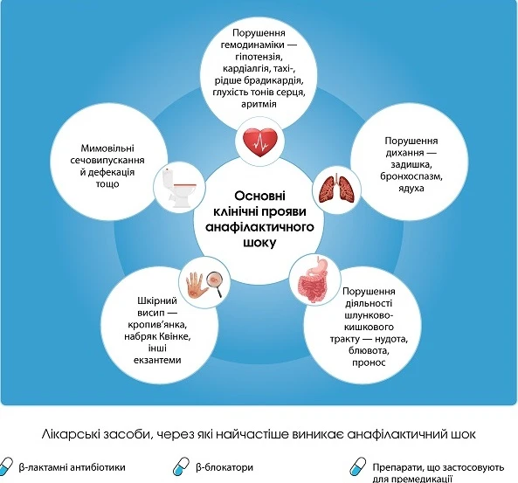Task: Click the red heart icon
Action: point(259,142)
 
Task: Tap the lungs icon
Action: point(336,189)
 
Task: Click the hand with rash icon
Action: point(197,284)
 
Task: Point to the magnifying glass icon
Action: point(216,283)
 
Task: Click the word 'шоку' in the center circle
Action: point(259,243)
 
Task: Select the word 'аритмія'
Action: point(259,104)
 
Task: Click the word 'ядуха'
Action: point(411,189)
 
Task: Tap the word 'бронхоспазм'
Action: point(411,176)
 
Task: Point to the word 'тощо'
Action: point(107,184)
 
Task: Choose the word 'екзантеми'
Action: point(157,360)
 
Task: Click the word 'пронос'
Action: point(369,362)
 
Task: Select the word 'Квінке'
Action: point(175,336)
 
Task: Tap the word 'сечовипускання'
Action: point(107,160)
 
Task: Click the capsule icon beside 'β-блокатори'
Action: point(181,466)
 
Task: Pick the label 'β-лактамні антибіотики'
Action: point(72,467)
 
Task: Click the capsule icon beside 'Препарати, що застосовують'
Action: point(358,466)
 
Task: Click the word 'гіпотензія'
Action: point(259,57)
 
